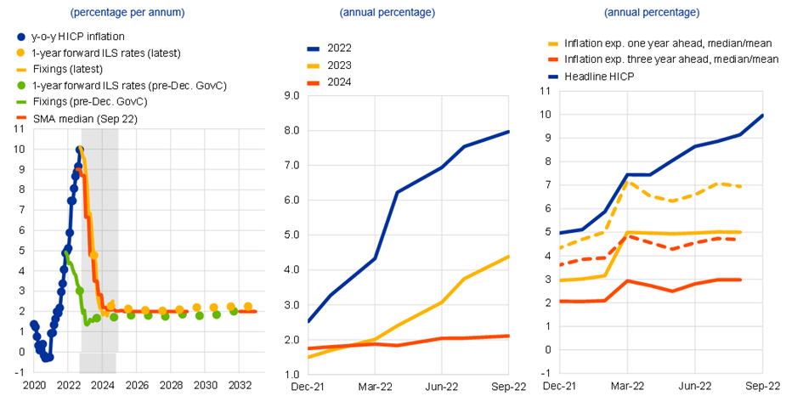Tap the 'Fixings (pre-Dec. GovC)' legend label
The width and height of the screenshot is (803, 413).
click(90, 102)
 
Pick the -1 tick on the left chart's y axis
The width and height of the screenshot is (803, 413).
click(18, 371)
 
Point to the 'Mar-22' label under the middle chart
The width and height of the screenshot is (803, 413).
click(375, 386)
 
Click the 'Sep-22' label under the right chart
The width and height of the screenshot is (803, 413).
click(761, 386)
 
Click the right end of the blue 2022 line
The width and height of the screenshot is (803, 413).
click(509, 131)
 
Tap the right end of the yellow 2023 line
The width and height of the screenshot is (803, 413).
click(509, 256)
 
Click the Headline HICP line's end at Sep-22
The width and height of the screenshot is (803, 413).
click(762, 115)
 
